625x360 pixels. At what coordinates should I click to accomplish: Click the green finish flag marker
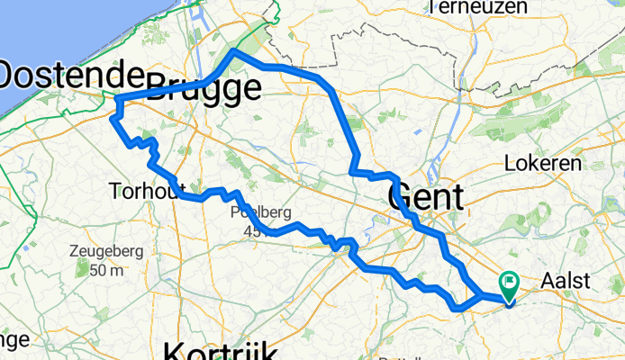(x=509, y=286)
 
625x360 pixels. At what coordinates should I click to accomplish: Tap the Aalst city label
(x=565, y=281)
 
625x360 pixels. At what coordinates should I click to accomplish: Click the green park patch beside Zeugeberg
(x=83, y=268)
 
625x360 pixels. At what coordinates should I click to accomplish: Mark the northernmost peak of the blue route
(x=234, y=52)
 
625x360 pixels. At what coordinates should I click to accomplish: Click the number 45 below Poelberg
(x=252, y=230)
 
